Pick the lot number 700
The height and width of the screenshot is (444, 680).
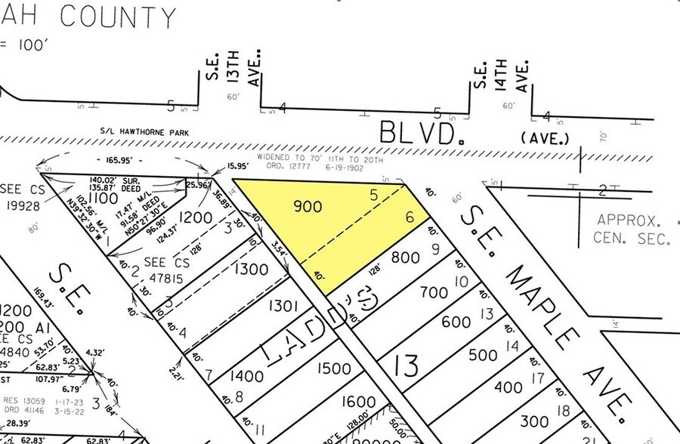pos(434,291)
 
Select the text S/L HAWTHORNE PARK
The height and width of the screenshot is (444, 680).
pos(146,132)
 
